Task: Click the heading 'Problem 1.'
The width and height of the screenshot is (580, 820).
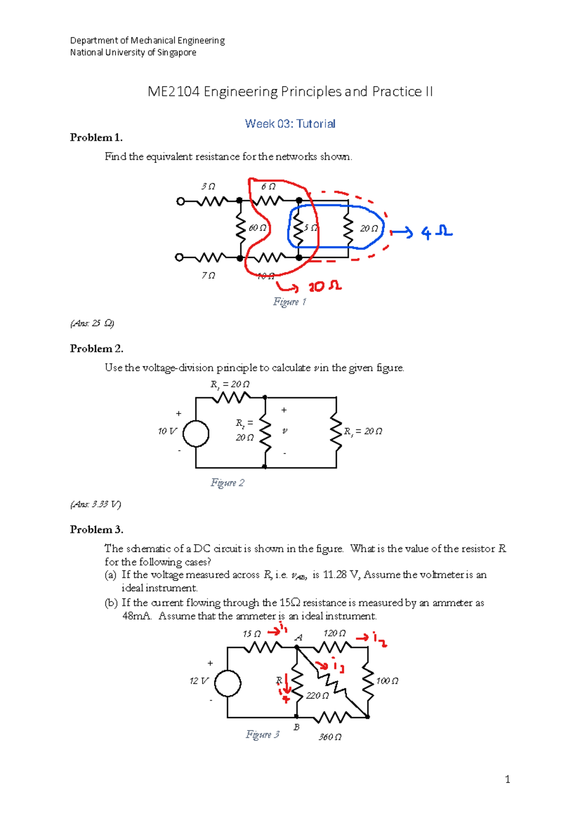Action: point(96,138)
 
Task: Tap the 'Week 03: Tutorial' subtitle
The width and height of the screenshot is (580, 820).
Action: point(290,124)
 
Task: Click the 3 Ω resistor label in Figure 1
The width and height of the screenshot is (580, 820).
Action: point(208,186)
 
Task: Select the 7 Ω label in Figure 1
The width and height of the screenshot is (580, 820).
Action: point(208,275)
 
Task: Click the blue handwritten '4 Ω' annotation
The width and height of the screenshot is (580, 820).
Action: point(436,233)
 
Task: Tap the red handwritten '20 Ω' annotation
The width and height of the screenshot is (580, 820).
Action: point(325,287)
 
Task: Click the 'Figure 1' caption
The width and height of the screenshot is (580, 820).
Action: point(290,302)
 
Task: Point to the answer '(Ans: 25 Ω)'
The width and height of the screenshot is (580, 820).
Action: point(92,323)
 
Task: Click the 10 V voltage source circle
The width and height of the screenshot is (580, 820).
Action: point(196,433)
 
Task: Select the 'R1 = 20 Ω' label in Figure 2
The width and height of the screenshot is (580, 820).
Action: point(230,384)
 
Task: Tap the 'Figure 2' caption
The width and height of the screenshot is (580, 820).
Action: point(227,483)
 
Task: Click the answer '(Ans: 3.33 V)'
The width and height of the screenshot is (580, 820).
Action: point(96,504)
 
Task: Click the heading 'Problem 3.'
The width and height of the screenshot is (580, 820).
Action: point(97,530)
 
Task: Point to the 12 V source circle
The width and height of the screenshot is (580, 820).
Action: point(228,683)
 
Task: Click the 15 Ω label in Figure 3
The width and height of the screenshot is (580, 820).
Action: point(251,634)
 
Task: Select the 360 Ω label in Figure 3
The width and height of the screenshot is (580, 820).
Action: point(330,737)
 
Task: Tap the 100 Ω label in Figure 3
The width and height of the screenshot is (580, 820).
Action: point(387,681)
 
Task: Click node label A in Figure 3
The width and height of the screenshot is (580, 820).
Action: point(299,637)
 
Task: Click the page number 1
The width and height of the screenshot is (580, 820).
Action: point(507,779)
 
